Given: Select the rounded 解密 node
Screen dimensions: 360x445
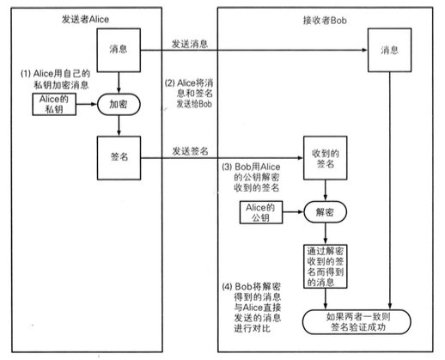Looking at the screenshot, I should (325, 211).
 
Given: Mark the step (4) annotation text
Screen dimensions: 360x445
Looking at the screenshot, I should (253, 302).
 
